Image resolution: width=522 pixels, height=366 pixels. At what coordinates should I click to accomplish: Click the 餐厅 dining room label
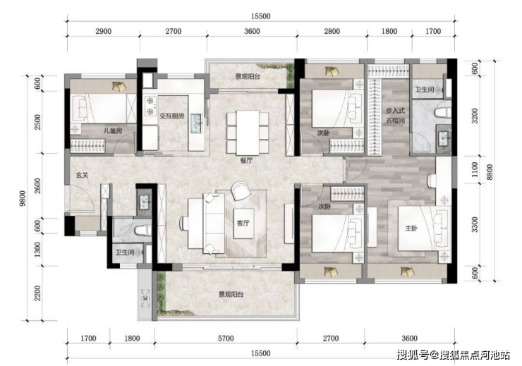click(246, 160)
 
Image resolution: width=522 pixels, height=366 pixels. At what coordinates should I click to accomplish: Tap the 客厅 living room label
click(243, 223)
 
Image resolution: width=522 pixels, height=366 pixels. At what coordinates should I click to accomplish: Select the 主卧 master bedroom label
click(411, 228)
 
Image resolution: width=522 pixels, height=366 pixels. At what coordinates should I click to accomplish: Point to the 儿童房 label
click(113, 130)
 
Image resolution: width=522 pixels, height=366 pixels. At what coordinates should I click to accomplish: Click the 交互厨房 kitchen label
click(172, 116)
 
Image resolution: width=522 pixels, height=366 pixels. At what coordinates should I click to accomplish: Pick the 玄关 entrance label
click(83, 175)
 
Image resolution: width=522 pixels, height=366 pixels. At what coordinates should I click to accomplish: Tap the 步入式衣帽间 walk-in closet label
click(396, 115)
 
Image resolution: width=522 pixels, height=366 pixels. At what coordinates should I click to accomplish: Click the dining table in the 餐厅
click(248, 133)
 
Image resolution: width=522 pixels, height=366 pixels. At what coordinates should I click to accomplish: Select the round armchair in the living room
click(241, 190)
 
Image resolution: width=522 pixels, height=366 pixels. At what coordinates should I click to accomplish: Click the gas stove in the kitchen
click(151, 106)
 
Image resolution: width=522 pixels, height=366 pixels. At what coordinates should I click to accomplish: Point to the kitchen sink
click(196, 123)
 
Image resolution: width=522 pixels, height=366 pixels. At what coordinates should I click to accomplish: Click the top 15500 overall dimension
click(261, 16)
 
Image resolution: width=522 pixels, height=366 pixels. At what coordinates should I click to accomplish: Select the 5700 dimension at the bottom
click(226, 338)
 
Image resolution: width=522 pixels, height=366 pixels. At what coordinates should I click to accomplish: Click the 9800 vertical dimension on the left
click(22, 198)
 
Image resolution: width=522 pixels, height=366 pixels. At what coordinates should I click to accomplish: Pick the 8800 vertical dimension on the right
click(490, 172)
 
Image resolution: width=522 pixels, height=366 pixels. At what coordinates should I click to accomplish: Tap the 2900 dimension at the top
click(103, 31)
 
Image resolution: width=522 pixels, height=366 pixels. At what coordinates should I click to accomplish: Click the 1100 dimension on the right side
click(475, 169)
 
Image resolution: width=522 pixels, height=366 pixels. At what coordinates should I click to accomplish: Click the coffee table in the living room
click(243, 224)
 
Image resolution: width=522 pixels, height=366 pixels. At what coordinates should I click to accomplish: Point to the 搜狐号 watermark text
click(412, 355)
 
